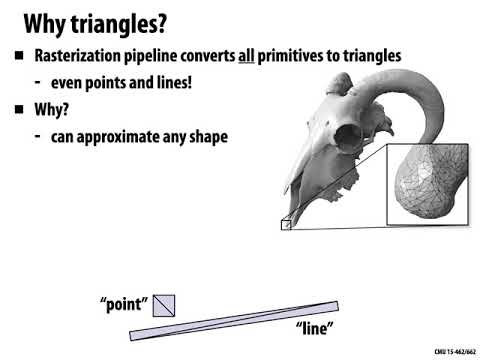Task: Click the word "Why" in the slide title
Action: click(x=42, y=21)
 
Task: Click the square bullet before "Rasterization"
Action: click(x=17, y=56)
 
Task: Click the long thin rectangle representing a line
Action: click(x=234, y=320)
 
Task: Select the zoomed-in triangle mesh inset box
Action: click(x=427, y=184)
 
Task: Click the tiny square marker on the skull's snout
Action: click(x=285, y=224)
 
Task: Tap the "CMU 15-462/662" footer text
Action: click(x=454, y=352)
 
